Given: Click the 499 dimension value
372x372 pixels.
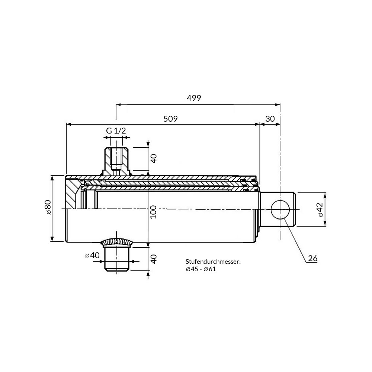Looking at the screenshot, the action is click(x=194, y=98).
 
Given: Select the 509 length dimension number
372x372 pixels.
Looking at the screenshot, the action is click(x=171, y=119).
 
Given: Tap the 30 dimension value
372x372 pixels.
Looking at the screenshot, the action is click(x=270, y=119).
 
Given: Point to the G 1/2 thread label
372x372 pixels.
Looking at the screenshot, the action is click(x=116, y=131).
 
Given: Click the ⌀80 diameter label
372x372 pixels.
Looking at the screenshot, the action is click(x=48, y=207).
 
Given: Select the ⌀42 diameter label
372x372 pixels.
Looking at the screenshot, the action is click(x=320, y=209).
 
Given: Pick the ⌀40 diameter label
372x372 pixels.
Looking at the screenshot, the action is click(x=92, y=255).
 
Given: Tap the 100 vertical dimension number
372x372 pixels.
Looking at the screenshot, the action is click(x=154, y=212).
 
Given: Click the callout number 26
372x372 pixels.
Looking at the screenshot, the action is click(x=312, y=258).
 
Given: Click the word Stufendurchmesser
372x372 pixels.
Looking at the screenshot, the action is click(x=213, y=262).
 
